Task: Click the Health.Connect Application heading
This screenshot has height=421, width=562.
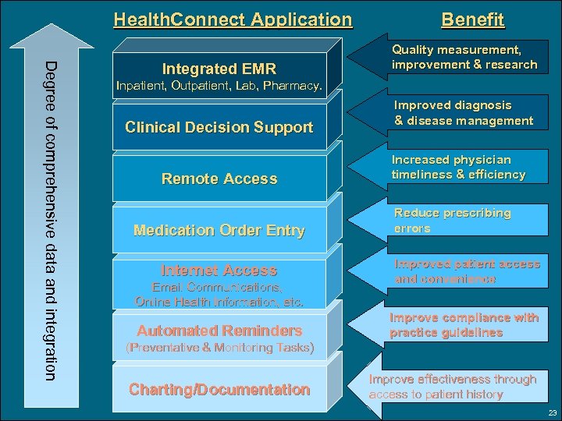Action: click(x=233, y=19)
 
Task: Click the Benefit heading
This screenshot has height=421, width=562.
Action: click(x=472, y=19)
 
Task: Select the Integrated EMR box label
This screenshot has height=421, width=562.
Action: click(x=219, y=69)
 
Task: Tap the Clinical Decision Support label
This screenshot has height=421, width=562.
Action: click(x=219, y=127)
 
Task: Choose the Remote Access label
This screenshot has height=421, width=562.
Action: click(x=219, y=179)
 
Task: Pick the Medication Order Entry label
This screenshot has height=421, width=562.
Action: click(x=219, y=230)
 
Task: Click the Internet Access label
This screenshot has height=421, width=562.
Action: click(x=219, y=271)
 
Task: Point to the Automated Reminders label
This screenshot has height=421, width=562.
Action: click(x=219, y=330)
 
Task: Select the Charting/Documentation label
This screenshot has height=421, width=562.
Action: click(x=219, y=389)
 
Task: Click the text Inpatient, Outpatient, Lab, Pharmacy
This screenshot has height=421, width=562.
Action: click(x=219, y=84)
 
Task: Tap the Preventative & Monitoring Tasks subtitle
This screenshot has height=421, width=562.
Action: click(x=219, y=348)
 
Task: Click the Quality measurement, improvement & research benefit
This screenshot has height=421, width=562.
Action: click(x=464, y=57)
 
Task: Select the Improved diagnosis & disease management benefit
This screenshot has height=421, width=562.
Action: click(x=463, y=112)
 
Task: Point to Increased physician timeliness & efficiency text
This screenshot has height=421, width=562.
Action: click(x=458, y=167)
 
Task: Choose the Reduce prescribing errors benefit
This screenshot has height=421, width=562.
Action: click(x=452, y=220)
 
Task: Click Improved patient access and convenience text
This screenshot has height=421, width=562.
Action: click(x=467, y=271)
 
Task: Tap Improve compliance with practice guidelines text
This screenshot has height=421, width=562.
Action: click(x=464, y=324)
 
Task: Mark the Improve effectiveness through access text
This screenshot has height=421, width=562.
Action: click(x=452, y=387)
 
